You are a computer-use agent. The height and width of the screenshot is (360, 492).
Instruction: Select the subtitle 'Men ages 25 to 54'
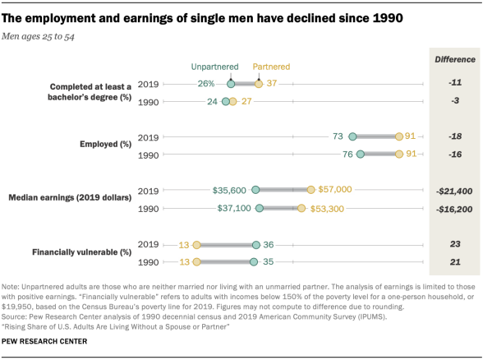point(44,37)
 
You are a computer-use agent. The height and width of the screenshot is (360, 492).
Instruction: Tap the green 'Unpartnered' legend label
point(214,67)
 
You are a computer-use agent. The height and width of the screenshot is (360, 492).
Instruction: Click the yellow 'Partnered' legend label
point(270,67)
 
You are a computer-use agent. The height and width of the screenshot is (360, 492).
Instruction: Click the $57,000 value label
point(336,189)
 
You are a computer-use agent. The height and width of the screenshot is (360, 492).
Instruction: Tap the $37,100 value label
point(231,209)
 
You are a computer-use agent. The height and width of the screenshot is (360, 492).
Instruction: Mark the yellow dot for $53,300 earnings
point(301,209)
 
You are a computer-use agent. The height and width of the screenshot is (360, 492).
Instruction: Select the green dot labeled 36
point(256,244)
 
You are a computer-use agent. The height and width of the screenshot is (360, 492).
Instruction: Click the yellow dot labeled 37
point(259,83)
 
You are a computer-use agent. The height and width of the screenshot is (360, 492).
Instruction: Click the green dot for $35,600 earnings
point(255,189)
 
